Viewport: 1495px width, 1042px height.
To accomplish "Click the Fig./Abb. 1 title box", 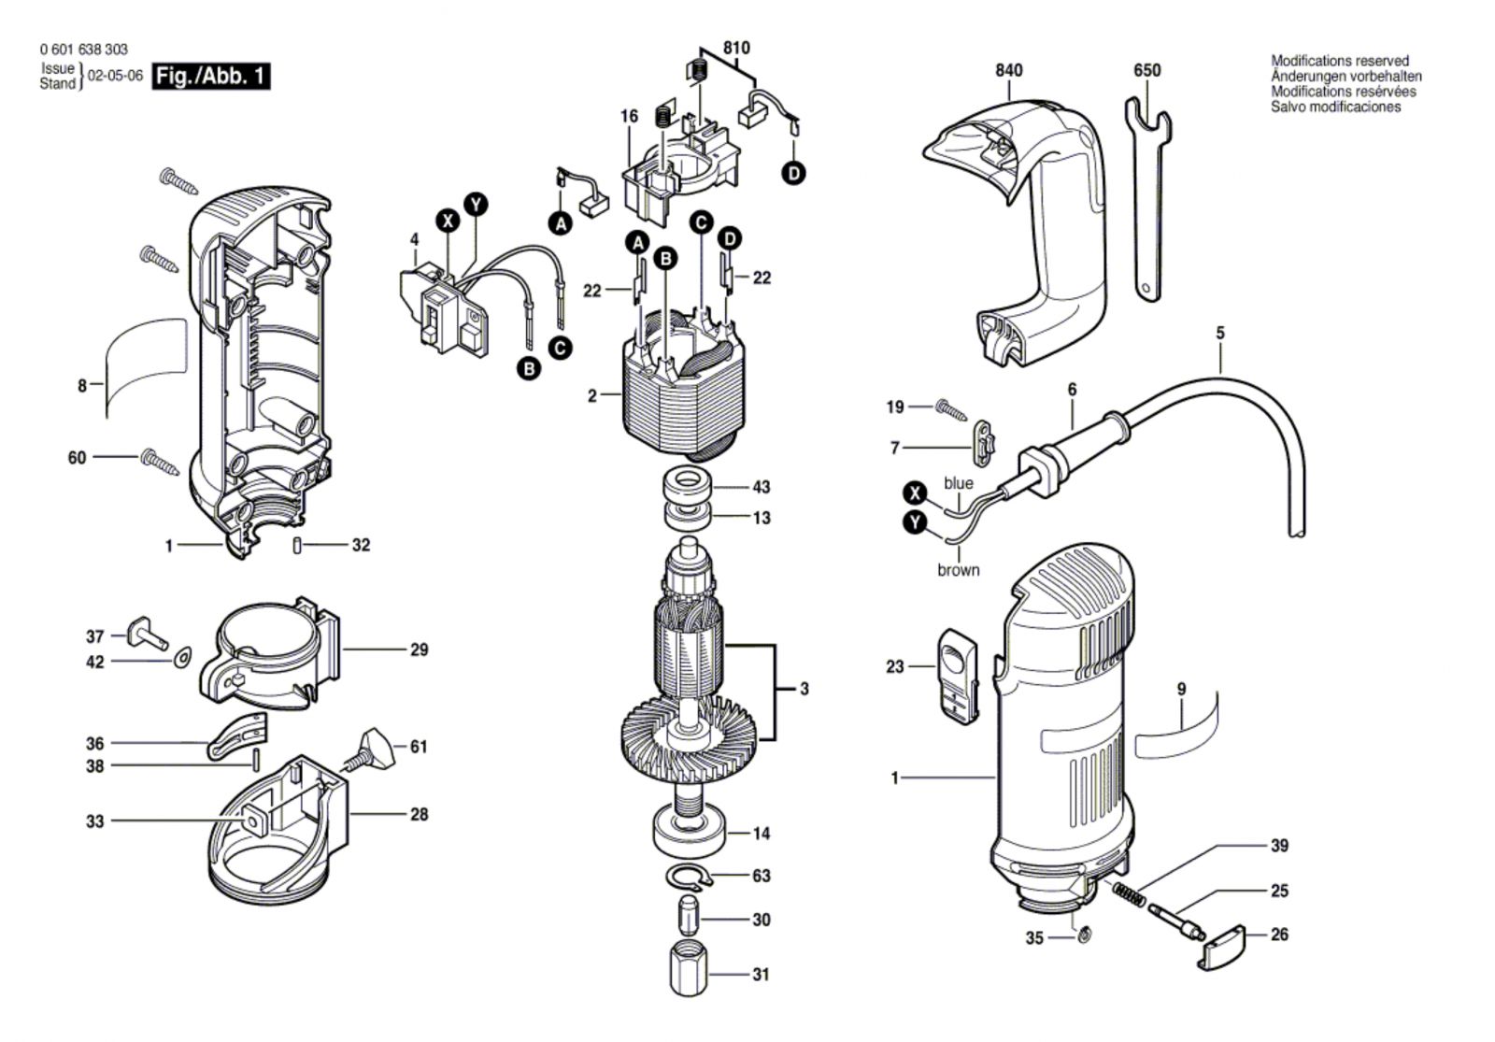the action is tap(211, 77).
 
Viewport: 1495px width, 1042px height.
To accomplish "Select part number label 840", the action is tap(1008, 70).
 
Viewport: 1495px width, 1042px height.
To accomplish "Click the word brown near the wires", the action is tap(959, 570).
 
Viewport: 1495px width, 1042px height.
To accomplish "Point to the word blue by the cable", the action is tap(959, 483).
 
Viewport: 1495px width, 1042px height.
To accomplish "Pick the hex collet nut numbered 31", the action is tap(689, 971).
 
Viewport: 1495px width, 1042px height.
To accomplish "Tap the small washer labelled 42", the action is tap(181, 658).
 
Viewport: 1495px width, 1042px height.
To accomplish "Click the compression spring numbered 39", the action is tap(1129, 893).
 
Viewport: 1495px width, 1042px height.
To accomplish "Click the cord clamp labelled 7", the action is tap(982, 442).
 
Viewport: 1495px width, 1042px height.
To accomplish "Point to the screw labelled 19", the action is tap(951, 410).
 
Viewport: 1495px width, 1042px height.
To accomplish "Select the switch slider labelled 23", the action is tap(959, 676).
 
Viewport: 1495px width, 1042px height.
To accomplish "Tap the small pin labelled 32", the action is tap(297, 546).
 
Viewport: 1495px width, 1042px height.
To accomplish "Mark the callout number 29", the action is tap(420, 649).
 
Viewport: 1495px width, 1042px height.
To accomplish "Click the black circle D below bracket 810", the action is tap(793, 174).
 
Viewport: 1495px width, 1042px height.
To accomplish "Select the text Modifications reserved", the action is tap(1340, 61).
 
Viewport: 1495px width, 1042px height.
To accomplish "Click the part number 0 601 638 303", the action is tap(83, 50).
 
